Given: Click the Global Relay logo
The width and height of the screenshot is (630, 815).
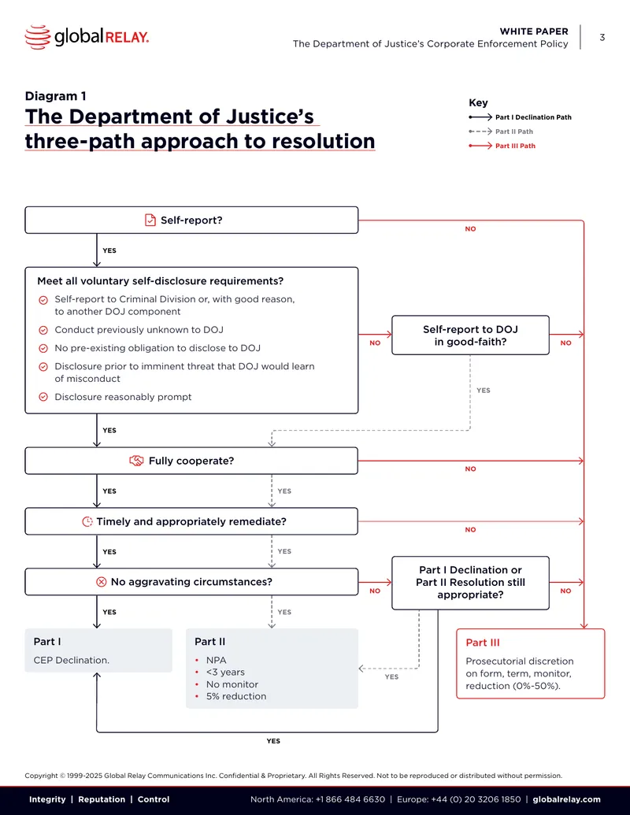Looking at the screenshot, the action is pos(87,37).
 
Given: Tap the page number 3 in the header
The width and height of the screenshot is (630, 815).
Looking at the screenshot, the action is pos(602,38).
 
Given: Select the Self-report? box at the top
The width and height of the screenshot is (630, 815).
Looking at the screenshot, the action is pos(191,220).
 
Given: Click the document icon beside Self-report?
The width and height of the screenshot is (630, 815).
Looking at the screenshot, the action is pos(150,220).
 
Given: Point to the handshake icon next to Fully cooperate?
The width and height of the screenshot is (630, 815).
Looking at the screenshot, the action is pos(136,461).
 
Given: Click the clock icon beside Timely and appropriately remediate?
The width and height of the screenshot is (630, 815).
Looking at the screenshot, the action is pos(87,521).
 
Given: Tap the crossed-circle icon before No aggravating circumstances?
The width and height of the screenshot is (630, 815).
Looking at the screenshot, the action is pos(102,582).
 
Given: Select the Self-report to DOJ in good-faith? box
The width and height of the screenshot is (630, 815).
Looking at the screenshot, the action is pos(470,335).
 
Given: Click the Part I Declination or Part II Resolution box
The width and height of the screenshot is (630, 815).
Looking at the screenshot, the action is pos(470,583).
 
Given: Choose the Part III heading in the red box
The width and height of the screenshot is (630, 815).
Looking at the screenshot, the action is pos(483,643).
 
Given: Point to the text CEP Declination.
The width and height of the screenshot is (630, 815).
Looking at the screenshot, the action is pos(71,660).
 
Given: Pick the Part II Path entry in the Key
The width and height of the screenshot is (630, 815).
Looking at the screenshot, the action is pos(501,132).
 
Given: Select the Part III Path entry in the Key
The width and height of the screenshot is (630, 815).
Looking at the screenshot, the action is pos(502,146).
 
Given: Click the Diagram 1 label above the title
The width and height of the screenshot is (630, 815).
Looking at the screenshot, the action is pos(56,96).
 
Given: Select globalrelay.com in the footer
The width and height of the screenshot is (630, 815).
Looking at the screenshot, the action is pos(566,799).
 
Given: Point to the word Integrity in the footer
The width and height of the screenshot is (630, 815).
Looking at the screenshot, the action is pos(47,799).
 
